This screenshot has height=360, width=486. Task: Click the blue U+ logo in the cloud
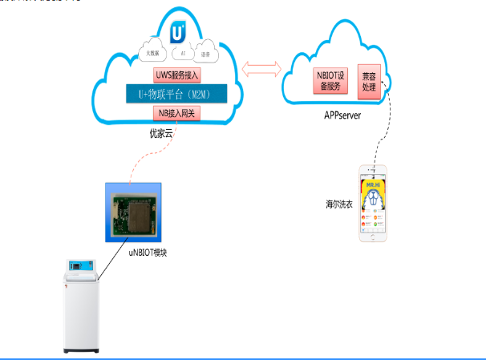point(179,32)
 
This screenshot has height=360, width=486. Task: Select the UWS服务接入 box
point(176,75)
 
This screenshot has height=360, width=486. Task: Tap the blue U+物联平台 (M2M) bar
point(176,94)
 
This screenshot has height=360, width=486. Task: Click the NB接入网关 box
point(176,113)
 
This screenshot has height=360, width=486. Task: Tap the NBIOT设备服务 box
point(331,79)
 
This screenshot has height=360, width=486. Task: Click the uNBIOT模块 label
point(150,253)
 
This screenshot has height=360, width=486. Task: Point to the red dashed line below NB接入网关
point(152,156)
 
